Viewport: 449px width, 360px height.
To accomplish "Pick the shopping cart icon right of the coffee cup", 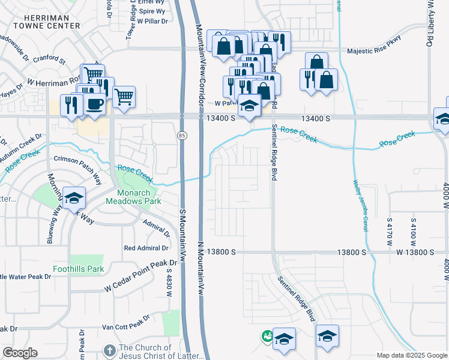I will click(123, 96).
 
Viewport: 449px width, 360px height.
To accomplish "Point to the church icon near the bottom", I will click(109, 350).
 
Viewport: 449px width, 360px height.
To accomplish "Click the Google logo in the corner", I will click(20, 353).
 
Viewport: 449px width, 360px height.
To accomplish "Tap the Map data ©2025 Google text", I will click(411, 355).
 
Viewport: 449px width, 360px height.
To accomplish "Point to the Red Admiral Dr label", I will click(146, 248).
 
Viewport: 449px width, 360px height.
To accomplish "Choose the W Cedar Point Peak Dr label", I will click(141, 267).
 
